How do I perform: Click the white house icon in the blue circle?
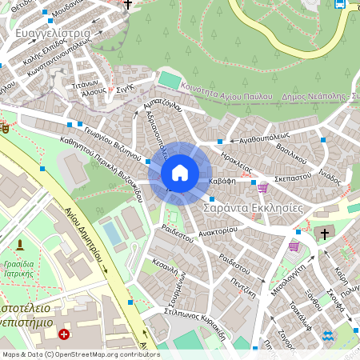click(180, 173)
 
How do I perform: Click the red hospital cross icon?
click(63, 334)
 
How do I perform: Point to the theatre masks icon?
click(4, 126)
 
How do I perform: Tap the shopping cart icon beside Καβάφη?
click(262, 187)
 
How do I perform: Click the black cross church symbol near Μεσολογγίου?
click(323, 234)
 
